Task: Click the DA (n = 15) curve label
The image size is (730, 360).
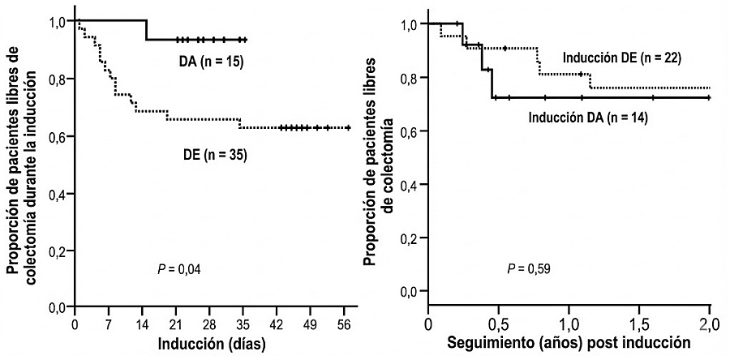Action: point(211,62)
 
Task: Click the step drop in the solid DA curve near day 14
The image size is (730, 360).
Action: point(146,29)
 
